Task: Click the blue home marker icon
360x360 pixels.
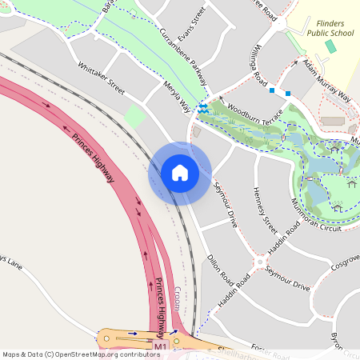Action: [180, 173]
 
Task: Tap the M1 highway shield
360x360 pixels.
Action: [161, 346]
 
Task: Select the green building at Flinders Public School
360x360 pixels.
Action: [330, 46]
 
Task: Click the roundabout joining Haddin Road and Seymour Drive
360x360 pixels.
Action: [259, 262]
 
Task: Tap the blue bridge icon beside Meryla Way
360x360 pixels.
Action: [203, 108]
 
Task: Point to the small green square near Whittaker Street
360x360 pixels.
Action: [135, 117]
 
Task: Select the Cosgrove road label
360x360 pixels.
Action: [345, 261]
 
